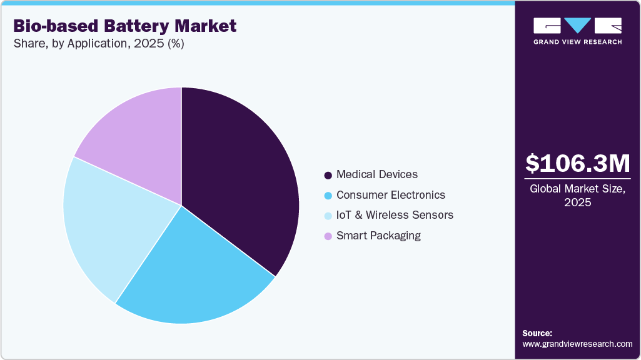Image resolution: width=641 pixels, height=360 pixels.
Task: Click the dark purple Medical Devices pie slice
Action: click(x=241, y=181)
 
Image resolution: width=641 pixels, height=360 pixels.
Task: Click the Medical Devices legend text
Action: click(x=376, y=174)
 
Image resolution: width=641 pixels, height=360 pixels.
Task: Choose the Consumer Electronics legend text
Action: click(x=390, y=195)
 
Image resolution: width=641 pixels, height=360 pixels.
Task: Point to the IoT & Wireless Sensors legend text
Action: click(x=395, y=215)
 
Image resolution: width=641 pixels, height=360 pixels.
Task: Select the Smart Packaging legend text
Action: click(x=378, y=236)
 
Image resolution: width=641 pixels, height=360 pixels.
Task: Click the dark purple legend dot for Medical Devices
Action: click(x=328, y=175)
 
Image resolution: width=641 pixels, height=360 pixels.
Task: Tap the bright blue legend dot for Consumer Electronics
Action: click(x=328, y=196)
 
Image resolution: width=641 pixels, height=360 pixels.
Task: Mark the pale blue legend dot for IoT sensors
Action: click(x=328, y=216)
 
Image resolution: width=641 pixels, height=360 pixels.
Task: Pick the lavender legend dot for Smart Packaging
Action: click(x=328, y=236)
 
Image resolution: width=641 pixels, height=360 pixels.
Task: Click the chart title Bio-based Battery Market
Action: click(x=125, y=26)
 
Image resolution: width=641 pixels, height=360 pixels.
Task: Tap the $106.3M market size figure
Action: click(x=577, y=164)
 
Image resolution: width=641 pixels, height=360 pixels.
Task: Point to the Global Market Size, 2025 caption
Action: click(x=577, y=195)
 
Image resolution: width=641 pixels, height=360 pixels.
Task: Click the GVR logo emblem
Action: click(x=577, y=26)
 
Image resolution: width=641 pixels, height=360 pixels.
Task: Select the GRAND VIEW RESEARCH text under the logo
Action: click(x=577, y=42)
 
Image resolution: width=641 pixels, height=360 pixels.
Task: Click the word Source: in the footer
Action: click(x=537, y=333)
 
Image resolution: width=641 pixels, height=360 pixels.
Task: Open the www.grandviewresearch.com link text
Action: click(x=577, y=344)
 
